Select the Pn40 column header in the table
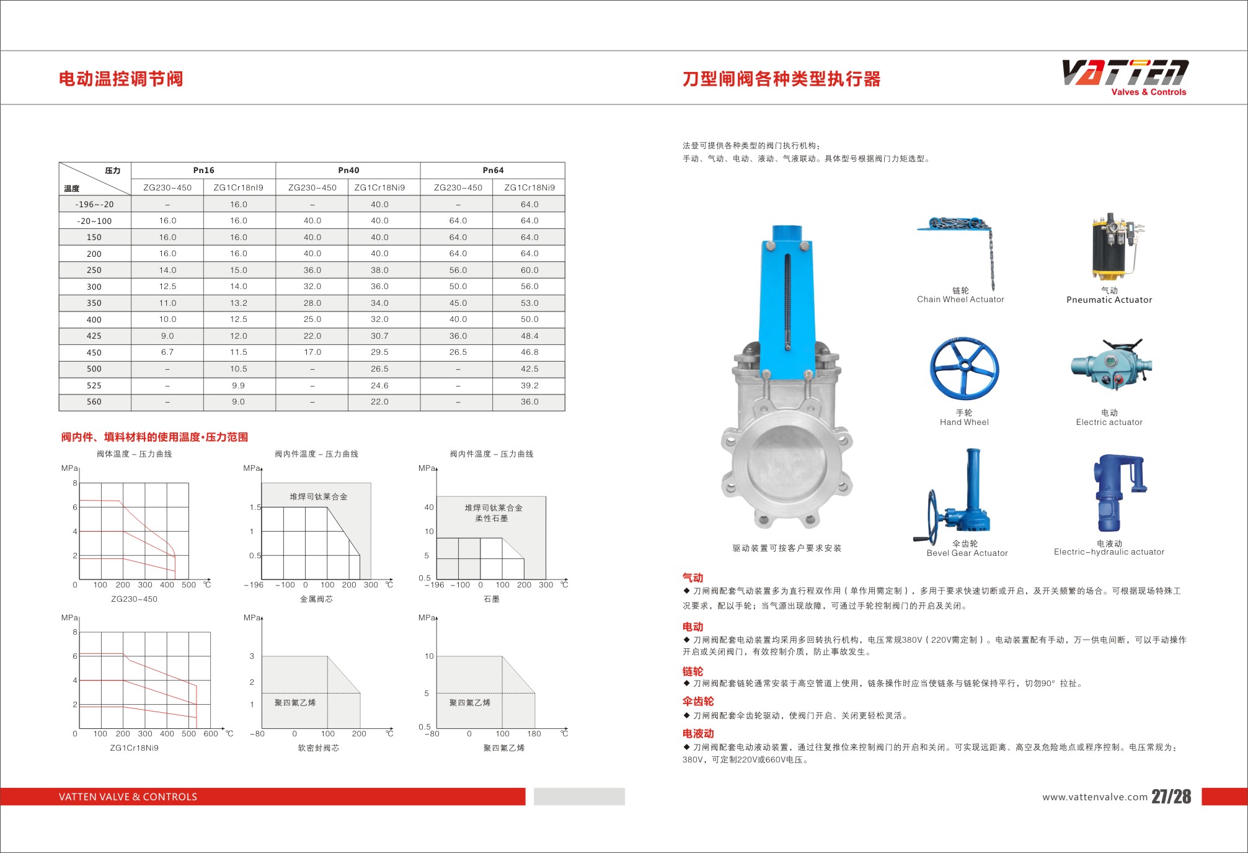(348, 171)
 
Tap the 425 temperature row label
(94, 336)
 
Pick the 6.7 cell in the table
(167, 352)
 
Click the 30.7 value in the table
(379, 336)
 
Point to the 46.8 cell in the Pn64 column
(529, 352)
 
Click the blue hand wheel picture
(964, 370)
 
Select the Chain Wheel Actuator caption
(960, 300)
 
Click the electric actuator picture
(1111, 366)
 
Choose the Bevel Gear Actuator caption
(967, 553)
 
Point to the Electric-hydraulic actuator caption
(1109, 552)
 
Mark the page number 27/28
(1171, 797)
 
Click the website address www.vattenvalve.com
(1094, 797)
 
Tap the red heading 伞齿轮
(698, 702)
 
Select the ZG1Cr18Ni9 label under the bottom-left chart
(134, 748)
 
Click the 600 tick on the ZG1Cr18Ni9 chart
(211, 734)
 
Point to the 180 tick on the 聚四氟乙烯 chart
(534, 734)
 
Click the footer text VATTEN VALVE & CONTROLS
(128, 797)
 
